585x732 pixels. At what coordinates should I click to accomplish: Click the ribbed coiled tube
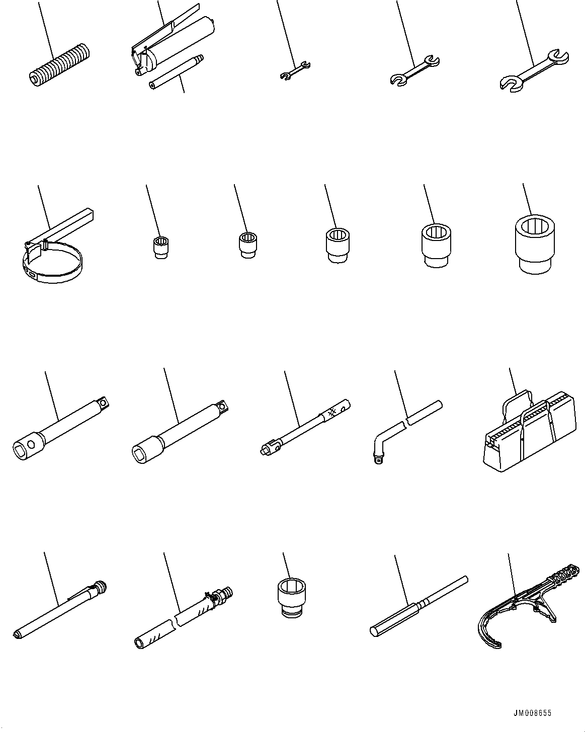tap(59, 65)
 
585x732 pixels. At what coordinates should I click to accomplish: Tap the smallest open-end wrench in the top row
tap(295, 70)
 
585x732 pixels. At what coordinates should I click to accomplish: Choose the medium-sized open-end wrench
tap(414, 70)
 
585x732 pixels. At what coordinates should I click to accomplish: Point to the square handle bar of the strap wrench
tap(70, 218)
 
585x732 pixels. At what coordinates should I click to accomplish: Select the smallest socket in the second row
tap(160, 247)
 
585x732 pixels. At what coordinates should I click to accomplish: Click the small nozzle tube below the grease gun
tap(176, 73)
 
